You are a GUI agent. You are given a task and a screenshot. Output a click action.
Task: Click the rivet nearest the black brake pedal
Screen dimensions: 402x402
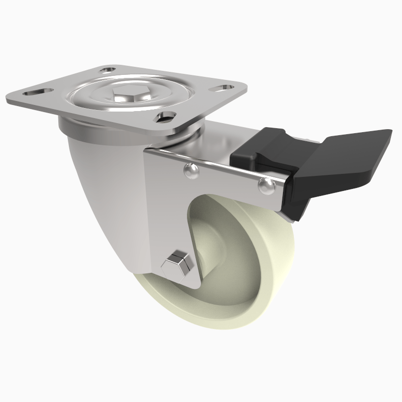click(x=266, y=186)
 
